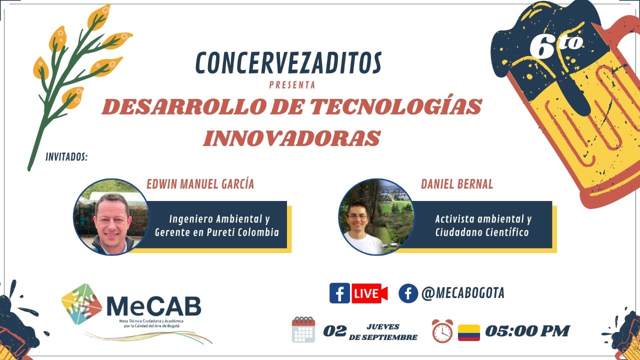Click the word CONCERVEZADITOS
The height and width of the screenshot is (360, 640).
288,63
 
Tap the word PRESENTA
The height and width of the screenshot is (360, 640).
292,85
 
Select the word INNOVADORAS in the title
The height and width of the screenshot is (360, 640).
291,138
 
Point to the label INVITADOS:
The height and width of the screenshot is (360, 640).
66,157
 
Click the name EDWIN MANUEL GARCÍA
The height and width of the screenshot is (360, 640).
200,184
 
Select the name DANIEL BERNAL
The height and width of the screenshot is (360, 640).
457,184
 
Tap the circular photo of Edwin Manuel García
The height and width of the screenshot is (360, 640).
111,217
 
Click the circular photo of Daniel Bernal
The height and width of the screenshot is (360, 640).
376,217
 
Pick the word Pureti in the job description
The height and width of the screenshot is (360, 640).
221,232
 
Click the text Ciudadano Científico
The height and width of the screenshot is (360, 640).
482,232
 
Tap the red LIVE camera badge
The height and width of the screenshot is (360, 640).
369,293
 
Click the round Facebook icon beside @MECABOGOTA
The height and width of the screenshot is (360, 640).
408,293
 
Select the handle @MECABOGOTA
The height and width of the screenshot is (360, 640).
463,293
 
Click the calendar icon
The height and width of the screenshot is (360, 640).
303,329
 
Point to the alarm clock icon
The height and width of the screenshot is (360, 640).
442,331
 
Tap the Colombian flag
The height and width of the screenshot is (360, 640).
469,332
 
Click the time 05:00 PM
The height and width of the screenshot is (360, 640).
527,331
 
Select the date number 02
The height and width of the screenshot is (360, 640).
335,331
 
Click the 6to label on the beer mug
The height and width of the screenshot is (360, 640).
555,45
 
